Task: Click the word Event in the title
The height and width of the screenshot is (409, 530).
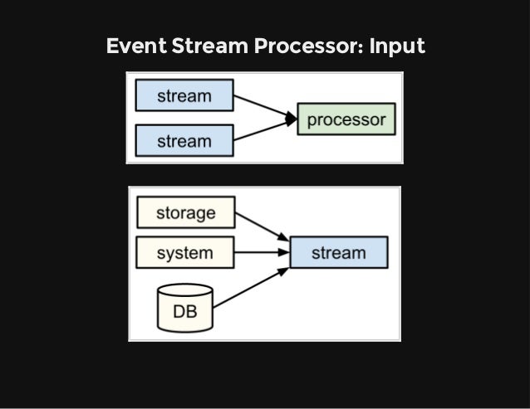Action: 134,46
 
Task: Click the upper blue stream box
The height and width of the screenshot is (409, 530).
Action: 184,95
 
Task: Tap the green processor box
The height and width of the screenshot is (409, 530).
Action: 346,119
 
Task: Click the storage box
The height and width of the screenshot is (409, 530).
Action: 184,212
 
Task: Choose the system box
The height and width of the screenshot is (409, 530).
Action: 184,252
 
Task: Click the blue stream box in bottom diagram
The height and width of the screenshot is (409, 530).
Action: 338,252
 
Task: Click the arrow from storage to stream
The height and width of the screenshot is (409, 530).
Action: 262,226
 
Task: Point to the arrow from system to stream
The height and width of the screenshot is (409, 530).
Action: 262,252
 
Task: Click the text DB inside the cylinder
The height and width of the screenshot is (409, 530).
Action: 184,313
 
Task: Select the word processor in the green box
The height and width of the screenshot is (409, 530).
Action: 346,119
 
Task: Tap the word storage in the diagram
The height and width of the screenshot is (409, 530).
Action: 184,212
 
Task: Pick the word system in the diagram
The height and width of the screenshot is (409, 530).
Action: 184,252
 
